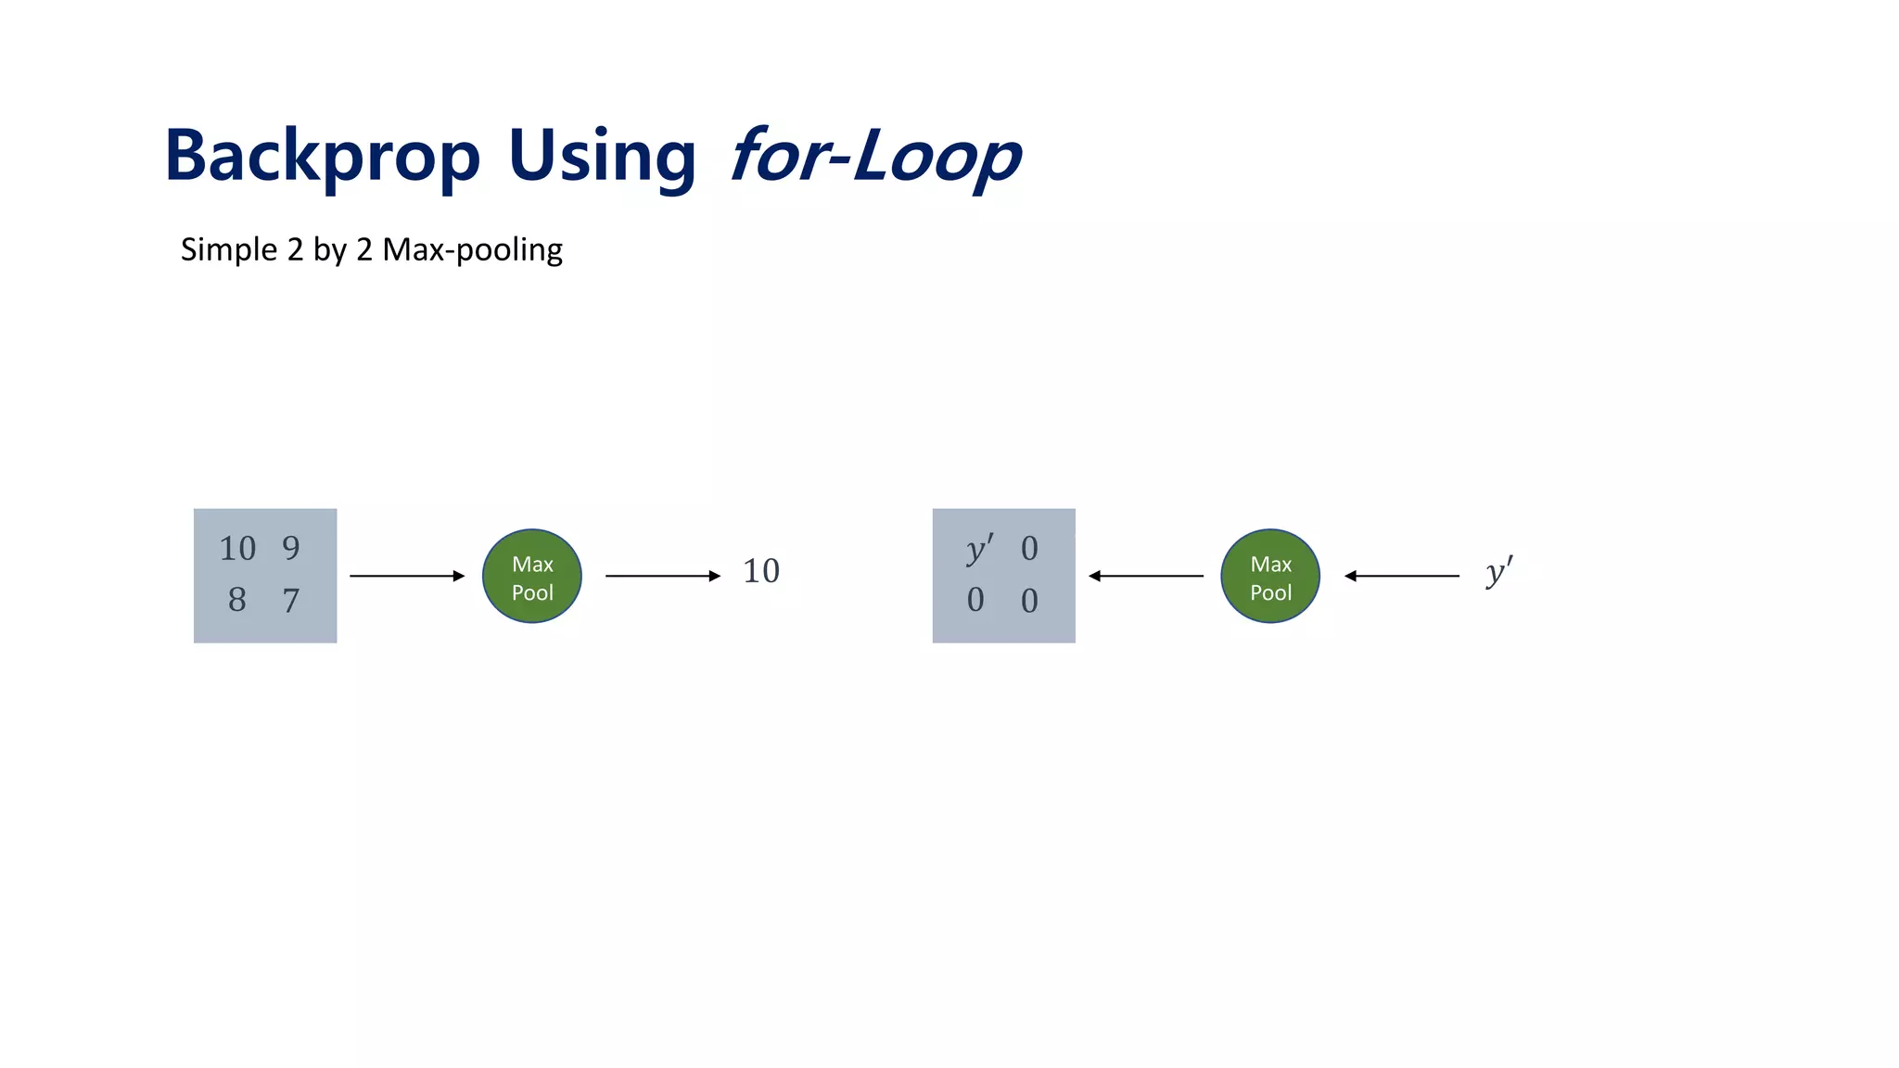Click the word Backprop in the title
(322, 156)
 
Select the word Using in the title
(602, 156)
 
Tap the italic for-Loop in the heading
(875, 156)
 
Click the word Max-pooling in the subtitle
(472, 249)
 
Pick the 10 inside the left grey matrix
(237, 548)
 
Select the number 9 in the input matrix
(291, 548)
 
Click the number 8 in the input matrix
(237, 600)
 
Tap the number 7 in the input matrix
(291, 601)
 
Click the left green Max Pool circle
(532, 576)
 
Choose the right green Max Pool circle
(1270, 576)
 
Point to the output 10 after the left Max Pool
(761, 571)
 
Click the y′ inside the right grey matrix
(979, 548)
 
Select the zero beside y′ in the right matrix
(1029, 549)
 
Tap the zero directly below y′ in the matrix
(975, 601)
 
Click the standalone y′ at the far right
(1498, 571)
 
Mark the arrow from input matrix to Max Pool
(407, 576)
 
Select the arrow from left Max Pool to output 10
(663, 576)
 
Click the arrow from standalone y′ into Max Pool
(1402, 576)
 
